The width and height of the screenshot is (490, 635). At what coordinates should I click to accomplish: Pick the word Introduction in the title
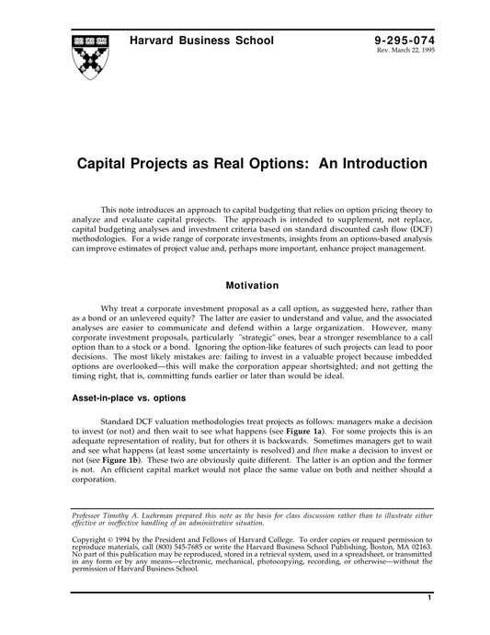[x=389, y=165]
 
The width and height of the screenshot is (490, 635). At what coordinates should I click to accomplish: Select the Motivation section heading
[x=245, y=286]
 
